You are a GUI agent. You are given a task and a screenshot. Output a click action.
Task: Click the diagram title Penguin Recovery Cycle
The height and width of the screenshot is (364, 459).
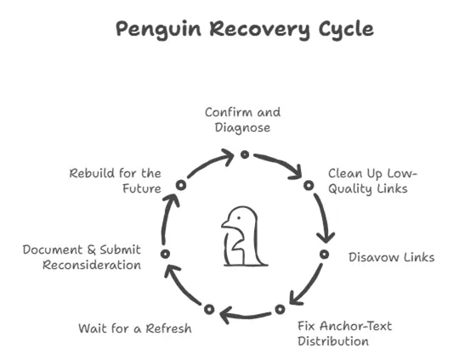click(244, 29)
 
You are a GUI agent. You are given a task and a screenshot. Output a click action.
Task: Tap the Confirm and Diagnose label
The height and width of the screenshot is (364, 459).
click(243, 120)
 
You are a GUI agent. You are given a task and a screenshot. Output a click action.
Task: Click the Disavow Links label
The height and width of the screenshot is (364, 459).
click(391, 256)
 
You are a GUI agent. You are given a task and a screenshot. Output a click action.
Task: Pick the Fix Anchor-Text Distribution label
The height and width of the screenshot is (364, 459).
click(344, 333)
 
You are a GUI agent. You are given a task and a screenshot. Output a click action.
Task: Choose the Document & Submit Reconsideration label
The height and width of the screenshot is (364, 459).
click(82, 257)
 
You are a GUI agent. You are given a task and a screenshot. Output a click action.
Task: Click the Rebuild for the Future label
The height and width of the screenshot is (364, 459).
click(116, 181)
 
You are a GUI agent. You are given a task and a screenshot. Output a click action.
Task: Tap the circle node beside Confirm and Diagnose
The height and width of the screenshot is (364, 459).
click(244, 154)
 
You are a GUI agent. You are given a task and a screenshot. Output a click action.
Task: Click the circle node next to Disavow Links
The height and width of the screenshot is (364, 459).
click(324, 254)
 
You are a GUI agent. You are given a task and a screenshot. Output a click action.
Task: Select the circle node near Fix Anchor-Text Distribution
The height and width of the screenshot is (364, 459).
click(280, 309)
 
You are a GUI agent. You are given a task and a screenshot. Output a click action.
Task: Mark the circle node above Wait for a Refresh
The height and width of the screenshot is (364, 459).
click(209, 309)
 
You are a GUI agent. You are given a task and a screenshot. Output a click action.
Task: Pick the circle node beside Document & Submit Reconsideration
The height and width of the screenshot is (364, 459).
click(165, 254)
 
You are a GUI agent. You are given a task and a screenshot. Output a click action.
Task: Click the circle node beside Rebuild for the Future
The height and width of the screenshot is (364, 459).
click(181, 184)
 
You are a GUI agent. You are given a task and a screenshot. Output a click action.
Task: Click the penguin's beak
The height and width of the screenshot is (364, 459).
click(225, 225)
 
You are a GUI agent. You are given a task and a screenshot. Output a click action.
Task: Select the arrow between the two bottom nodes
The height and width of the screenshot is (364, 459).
click(245, 316)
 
